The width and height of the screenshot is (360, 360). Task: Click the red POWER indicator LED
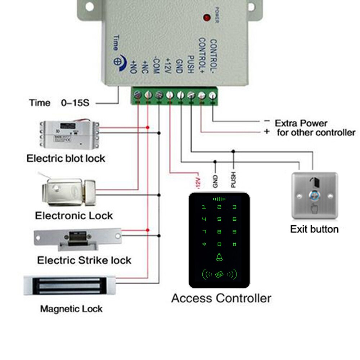[207, 17]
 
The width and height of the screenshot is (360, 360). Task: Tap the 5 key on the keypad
[219, 219]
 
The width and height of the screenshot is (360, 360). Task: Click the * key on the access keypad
[204, 244]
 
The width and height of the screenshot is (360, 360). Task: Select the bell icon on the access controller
[219, 257]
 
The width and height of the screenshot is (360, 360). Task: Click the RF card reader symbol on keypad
[219, 275]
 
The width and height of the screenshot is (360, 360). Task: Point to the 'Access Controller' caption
[221, 298]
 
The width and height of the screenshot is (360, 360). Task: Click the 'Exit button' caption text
[314, 229]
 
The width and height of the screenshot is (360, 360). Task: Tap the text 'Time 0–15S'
[59, 103]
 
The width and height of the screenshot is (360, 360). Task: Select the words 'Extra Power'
[301, 123]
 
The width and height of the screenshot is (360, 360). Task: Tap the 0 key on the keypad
[219, 244]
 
